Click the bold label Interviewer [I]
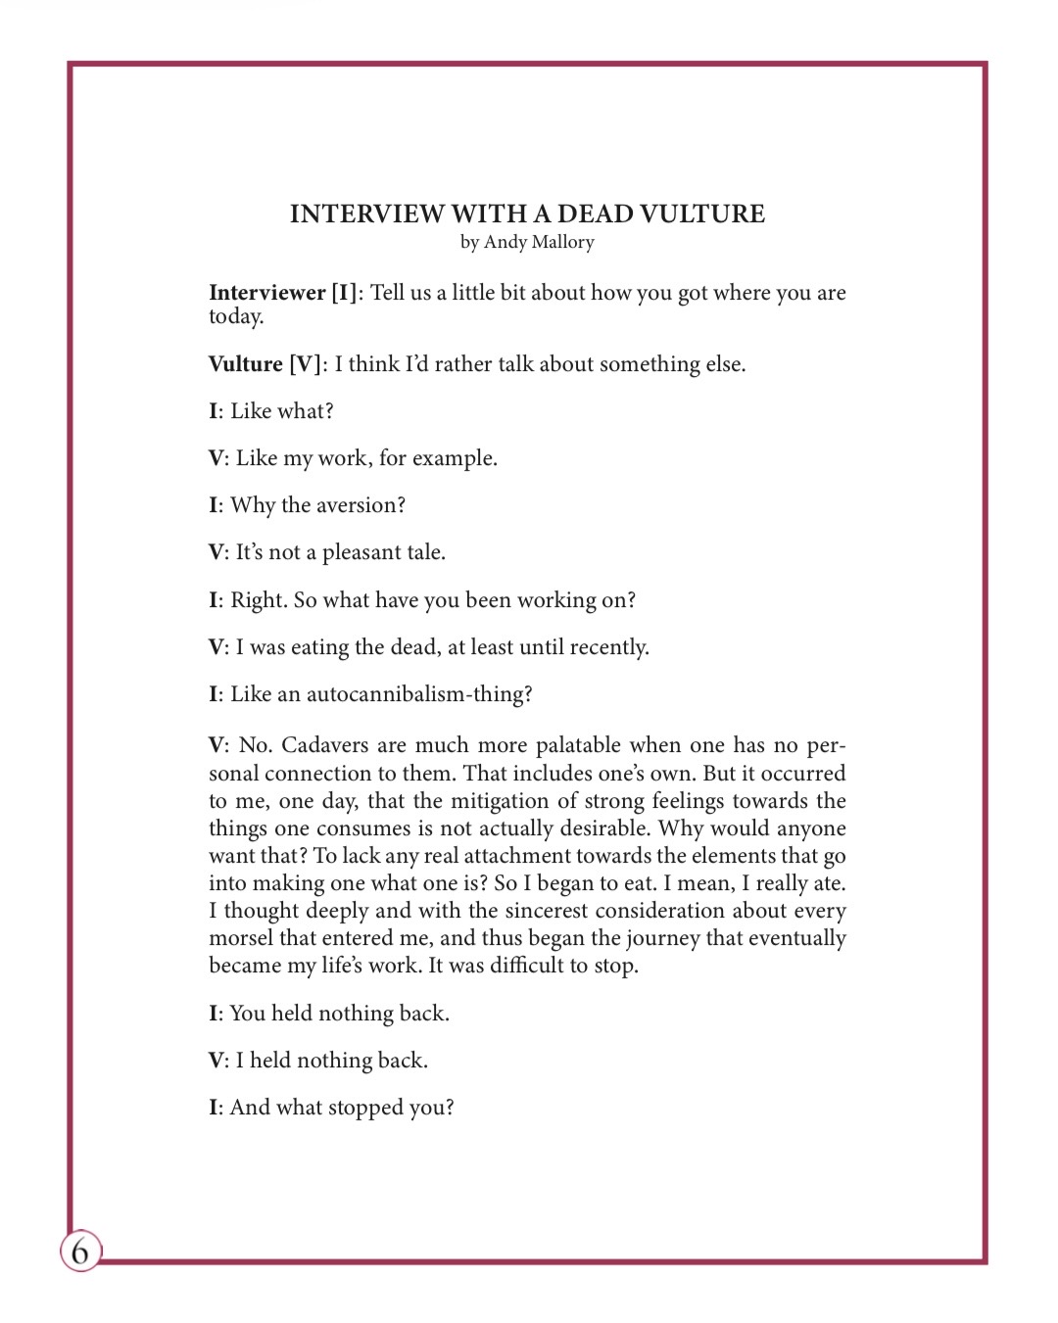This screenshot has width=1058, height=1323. [282, 293]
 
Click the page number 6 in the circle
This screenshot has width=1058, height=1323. [80, 1251]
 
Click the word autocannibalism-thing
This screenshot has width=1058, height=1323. [419, 694]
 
